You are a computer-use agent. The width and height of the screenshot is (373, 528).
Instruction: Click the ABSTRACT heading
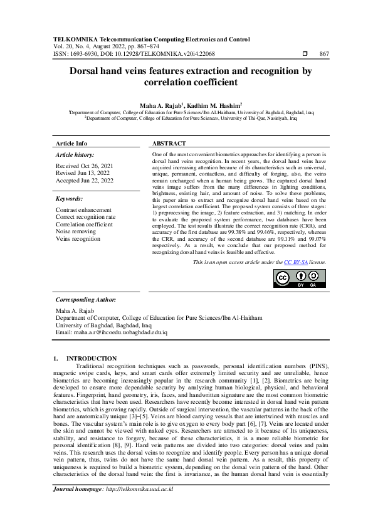click(x=169, y=144)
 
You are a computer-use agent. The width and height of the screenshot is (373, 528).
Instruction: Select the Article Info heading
click(x=71, y=144)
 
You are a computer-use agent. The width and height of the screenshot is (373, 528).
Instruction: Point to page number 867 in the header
click(x=324, y=55)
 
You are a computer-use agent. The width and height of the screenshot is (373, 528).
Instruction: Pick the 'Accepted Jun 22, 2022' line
click(x=85, y=181)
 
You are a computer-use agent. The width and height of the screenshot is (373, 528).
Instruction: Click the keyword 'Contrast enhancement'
click(x=83, y=209)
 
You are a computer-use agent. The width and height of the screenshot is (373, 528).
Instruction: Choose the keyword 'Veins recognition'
click(x=78, y=239)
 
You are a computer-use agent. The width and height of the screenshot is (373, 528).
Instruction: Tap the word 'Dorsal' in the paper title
click(x=89, y=71)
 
